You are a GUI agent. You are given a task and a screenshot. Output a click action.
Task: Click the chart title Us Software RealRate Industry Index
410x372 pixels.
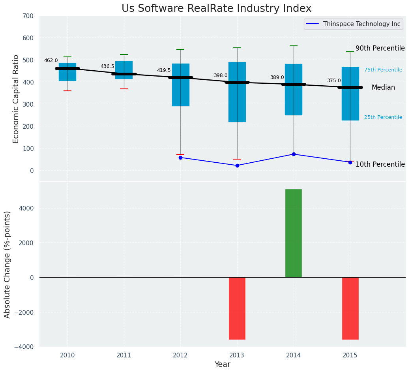point(216,9)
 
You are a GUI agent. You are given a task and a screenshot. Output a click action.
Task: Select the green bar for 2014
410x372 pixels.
point(294,233)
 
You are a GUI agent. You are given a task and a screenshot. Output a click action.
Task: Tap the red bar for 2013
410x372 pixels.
point(237,308)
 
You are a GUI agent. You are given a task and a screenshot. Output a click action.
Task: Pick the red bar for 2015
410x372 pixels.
point(350,308)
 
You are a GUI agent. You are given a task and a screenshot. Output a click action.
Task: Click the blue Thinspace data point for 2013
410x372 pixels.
point(237,165)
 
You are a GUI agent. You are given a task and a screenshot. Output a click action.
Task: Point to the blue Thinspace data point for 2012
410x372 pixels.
point(180,158)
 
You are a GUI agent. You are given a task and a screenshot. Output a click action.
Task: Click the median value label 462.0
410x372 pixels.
point(51,60)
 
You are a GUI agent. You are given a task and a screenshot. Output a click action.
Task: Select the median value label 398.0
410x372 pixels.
point(221,75)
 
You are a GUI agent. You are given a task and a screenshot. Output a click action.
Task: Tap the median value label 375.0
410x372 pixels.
point(334,81)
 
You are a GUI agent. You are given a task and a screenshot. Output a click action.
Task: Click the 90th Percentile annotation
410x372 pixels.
point(380,49)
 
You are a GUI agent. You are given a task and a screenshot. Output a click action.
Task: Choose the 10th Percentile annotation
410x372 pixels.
point(380,164)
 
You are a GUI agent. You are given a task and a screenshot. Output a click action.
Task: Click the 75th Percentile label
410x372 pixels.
point(383,70)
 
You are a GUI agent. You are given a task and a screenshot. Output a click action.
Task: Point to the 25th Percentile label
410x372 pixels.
point(383,117)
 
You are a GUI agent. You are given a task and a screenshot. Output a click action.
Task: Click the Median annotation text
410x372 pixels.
point(383,88)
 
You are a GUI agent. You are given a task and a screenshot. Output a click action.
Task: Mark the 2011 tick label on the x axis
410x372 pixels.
point(124,355)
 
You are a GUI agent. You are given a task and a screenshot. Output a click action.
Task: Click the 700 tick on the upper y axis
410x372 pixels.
point(28,16)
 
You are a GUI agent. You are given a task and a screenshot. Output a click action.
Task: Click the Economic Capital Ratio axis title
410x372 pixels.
point(16,99)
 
